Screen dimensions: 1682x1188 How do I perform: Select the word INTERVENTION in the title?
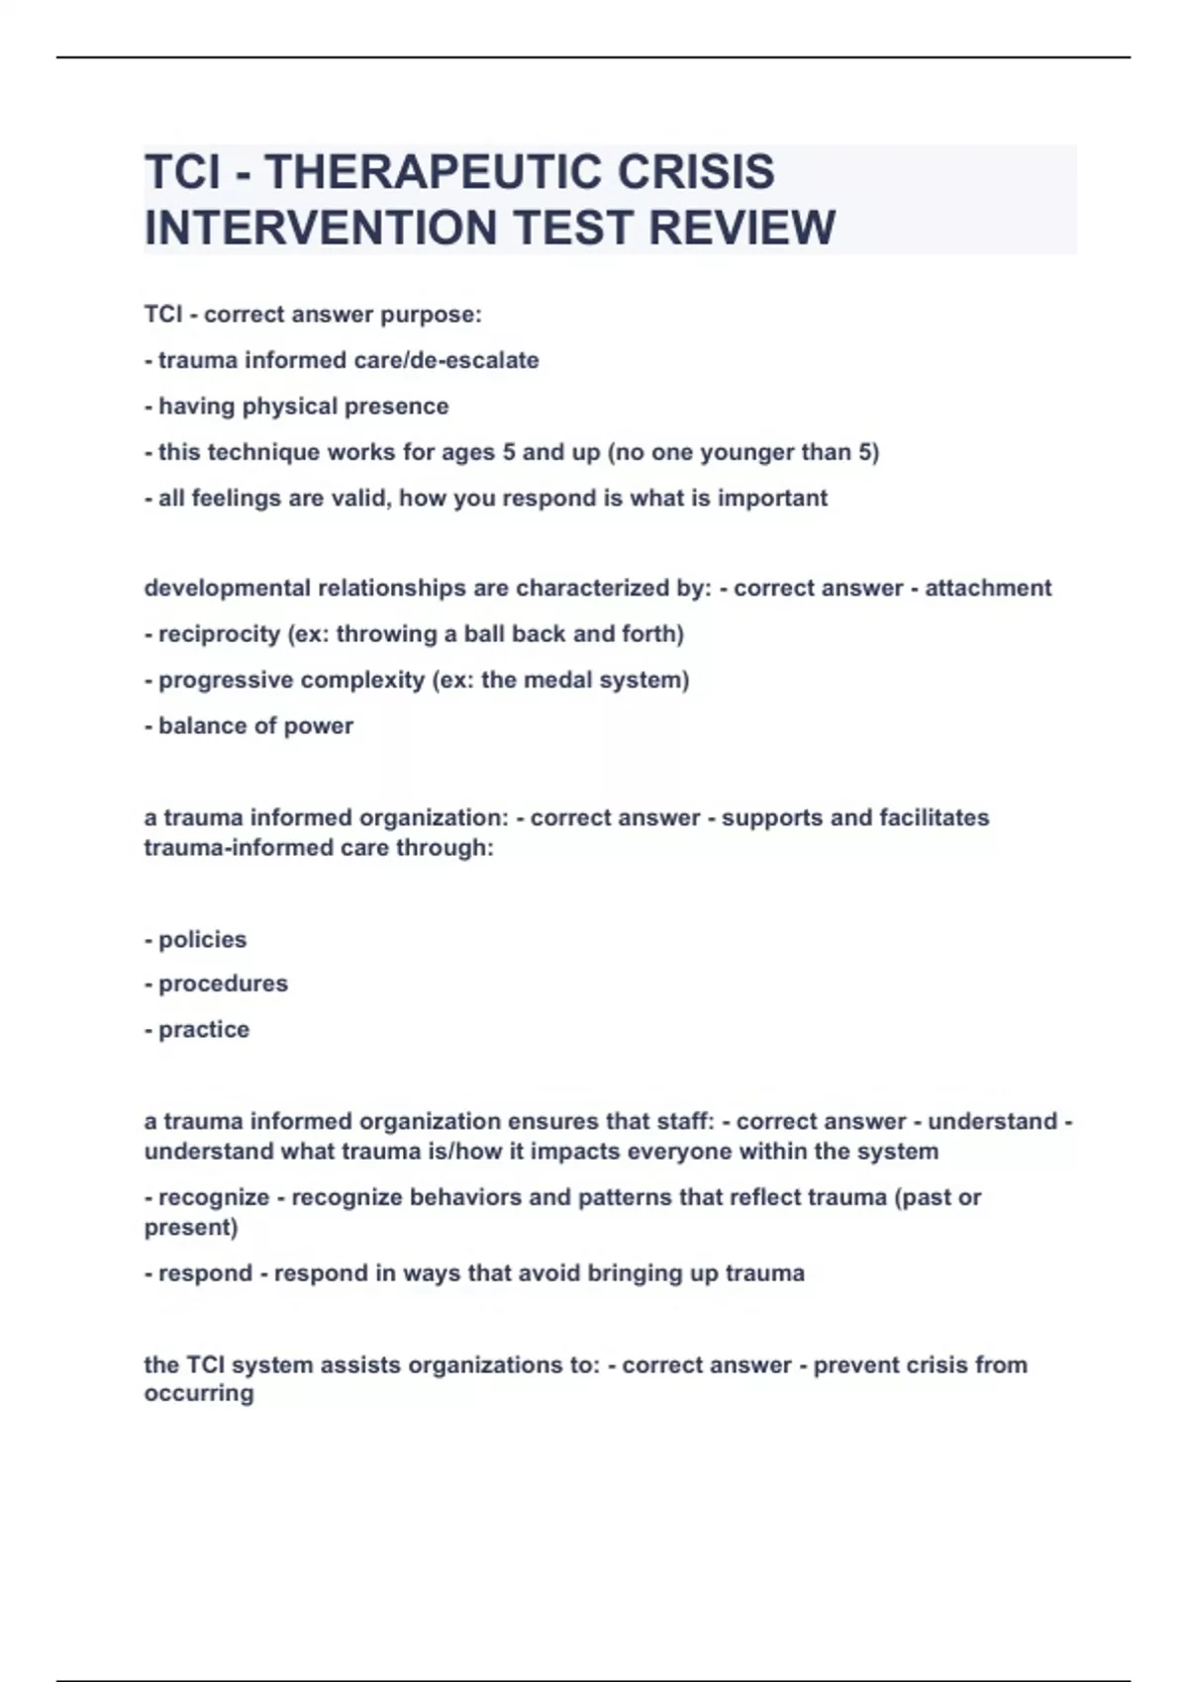tap(321, 228)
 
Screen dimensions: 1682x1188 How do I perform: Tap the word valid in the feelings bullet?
tap(358, 498)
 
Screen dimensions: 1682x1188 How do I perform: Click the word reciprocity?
tap(219, 634)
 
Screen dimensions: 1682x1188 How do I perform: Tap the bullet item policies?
tap(202, 939)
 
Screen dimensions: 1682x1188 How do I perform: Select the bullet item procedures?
tap(223, 983)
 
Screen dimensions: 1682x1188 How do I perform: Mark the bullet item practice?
tap(204, 1029)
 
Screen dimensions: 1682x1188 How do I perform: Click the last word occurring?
tap(199, 1393)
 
